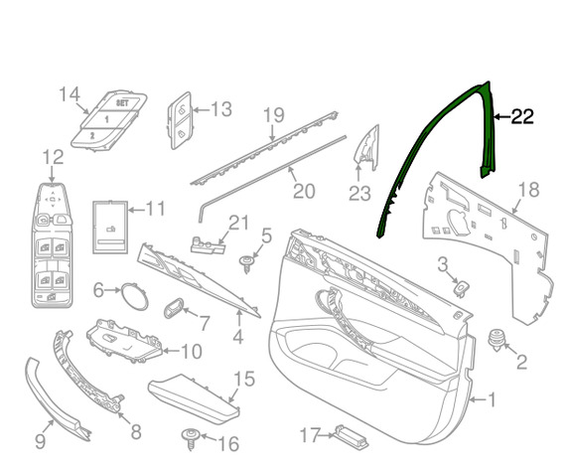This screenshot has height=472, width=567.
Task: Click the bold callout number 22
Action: tap(522, 117)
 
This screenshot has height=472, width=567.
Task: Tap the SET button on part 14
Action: tap(122, 103)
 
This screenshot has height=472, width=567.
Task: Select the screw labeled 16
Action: tap(191, 438)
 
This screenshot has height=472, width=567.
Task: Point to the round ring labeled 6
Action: tap(134, 296)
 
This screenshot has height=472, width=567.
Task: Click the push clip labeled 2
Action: tap(496, 340)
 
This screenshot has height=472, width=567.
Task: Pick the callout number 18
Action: tap(528, 190)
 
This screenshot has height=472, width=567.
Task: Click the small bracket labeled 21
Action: tap(208, 245)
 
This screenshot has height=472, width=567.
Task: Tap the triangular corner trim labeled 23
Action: tap(367, 148)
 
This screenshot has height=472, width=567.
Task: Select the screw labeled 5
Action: tap(247, 263)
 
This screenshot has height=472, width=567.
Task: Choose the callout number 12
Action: tap(53, 157)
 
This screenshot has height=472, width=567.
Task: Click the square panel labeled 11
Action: tap(110, 227)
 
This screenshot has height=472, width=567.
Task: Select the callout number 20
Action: tap(304, 191)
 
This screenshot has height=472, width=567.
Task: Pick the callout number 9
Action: tap(40, 441)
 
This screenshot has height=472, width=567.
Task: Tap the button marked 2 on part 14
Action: tap(92, 136)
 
